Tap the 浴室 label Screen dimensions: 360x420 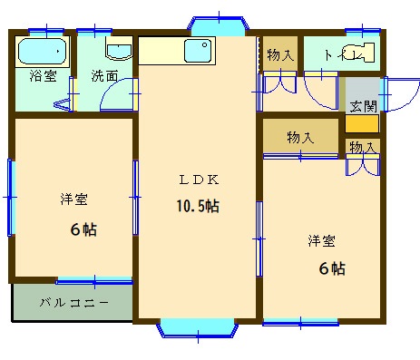[43, 77]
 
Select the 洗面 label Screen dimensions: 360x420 [104, 77]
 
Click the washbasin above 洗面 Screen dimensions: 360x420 [118, 51]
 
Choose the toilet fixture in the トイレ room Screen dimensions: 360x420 [364, 54]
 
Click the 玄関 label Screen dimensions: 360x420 [363, 104]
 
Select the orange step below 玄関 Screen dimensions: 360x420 [363, 124]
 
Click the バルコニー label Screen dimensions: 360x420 [73, 302]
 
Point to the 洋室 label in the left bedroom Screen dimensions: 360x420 [74, 199]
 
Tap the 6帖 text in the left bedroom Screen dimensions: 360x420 [83, 229]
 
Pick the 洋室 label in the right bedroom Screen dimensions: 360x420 [321, 240]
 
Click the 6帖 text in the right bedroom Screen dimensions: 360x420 [331, 268]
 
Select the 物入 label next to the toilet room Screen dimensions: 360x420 [280, 55]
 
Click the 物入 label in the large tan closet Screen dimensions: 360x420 [300, 138]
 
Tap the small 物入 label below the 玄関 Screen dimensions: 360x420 [363, 146]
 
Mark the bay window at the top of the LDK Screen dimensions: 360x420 [218, 24]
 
